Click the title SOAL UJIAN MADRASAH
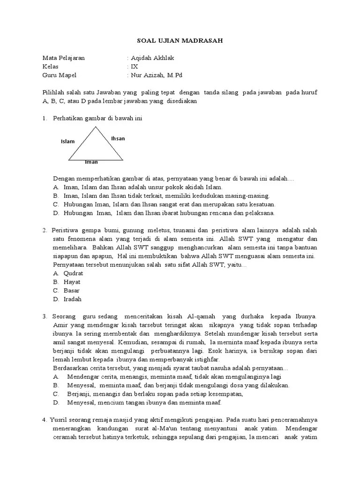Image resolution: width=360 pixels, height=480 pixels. pyautogui.click(x=180, y=41)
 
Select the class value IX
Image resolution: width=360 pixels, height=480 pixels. pyautogui.click(x=135, y=67)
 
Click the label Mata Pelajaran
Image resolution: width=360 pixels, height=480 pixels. pyautogui.click(x=64, y=58)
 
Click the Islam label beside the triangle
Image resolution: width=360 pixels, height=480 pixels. pyautogui.click(x=67, y=141)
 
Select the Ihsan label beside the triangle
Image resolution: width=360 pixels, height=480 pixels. pyautogui.click(x=118, y=139)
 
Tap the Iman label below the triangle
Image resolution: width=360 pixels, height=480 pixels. pyautogui.click(x=91, y=162)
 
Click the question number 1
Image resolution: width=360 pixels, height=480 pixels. pyautogui.click(x=44, y=119)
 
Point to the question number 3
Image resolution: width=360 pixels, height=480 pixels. pyautogui.click(x=44, y=316)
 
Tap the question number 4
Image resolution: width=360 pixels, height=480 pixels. pyautogui.click(x=44, y=420)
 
